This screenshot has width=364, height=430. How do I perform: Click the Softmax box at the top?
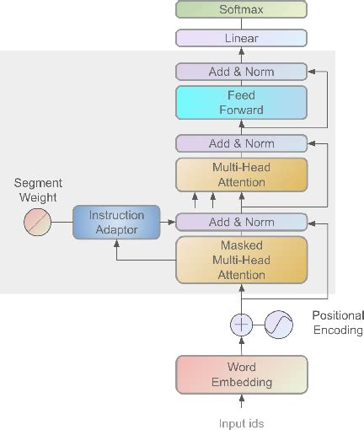point(241,10)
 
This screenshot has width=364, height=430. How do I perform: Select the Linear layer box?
point(241,39)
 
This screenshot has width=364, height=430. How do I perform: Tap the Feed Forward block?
point(241,103)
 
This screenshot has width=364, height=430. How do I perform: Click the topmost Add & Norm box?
point(241,72)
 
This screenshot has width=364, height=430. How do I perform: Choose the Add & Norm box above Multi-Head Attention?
point(241,143)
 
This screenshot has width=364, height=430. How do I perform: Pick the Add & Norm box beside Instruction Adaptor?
point(241,222)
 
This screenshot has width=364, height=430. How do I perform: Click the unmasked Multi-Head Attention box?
point(241,175)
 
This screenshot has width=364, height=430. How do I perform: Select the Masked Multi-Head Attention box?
point(241,261)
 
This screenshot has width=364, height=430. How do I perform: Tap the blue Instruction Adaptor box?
point(117,222)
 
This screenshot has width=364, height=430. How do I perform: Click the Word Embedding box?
point(241,375)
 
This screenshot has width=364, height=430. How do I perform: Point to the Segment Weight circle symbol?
point(38,222)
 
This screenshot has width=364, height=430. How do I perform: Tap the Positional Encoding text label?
point(337,323)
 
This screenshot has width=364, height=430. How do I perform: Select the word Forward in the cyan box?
point(241,110)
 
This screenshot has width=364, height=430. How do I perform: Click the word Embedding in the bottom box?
point(241,383)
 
